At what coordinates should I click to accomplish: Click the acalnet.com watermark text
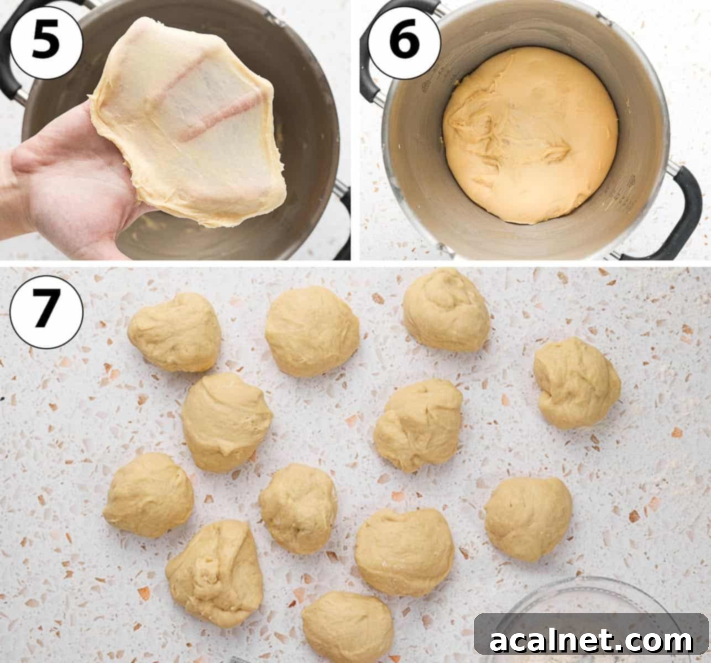[x=590, y=641]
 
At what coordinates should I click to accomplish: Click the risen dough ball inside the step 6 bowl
[x=530, y=135]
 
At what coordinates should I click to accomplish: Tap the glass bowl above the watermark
[x=586, y=597]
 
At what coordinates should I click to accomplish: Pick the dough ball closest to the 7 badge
[x=175, y=331]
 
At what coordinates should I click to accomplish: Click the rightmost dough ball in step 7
[x=577, y=383]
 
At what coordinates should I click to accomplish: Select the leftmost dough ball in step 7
[x=148, y=494]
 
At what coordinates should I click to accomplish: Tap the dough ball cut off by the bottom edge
[x=347, y=627]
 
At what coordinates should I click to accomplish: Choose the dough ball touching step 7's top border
[x=446, y=309]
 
